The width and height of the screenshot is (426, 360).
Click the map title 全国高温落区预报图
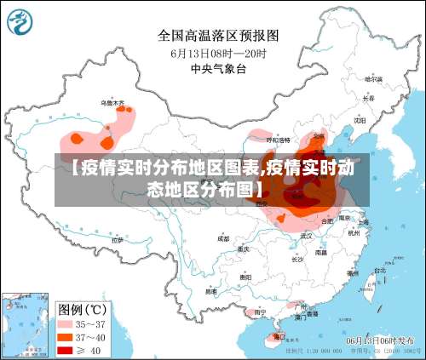[x=218, y=36]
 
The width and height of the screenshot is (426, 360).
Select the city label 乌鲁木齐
[x=112, y=104]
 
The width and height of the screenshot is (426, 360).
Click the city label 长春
[x=368, y=99]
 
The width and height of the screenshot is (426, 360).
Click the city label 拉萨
[x=118, y=240]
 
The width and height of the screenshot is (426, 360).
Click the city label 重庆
[x=244, y=250]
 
